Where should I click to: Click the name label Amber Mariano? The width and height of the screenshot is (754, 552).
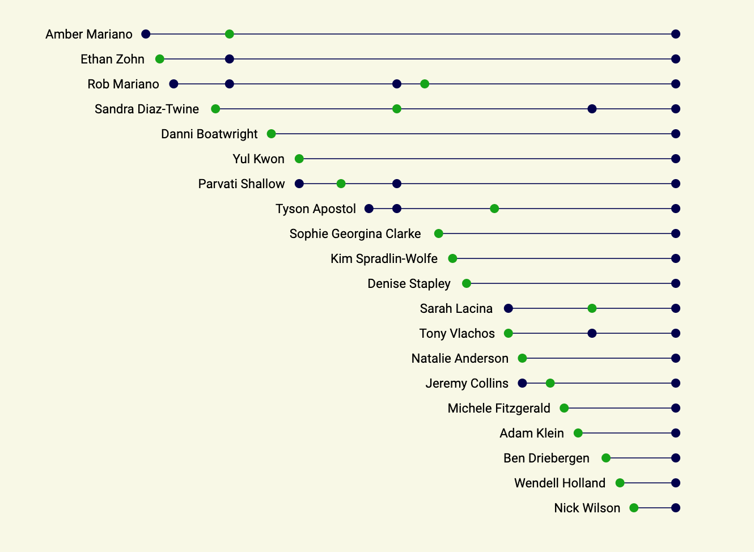coord(89,34)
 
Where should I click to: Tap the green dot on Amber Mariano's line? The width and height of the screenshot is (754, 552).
coord(230,34)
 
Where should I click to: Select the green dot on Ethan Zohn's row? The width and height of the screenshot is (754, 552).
coord(160,59)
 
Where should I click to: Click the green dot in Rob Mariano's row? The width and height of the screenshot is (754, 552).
coord(425,84)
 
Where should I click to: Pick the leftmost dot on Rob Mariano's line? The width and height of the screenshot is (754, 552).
coord(174,84)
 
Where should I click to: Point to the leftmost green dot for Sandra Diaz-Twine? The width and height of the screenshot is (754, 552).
coord(215,109)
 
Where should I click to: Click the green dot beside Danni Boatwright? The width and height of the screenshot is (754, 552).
coord(272,134)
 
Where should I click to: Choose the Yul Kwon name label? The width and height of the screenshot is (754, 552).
coord(259,159)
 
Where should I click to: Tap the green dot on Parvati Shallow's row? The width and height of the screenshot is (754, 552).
coord(341,184)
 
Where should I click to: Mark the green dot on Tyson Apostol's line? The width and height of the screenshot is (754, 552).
coord(494,209)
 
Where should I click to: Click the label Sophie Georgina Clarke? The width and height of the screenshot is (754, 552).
coord(355,233)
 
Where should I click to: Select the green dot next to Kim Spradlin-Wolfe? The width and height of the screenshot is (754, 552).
coord(452,258)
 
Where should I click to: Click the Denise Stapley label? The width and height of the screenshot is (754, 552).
coord(409,283)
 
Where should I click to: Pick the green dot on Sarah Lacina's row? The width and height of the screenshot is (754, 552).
coord(592,308)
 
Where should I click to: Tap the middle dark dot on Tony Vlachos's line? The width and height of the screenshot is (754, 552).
coord(592,333)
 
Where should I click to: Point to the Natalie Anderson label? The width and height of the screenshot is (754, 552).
coord(460,358)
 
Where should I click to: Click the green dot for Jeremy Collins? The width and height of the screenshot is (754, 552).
coord(550,383)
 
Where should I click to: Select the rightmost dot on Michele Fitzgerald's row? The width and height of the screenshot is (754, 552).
coord(675,408)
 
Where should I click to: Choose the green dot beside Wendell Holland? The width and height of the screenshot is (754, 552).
coord(620,483)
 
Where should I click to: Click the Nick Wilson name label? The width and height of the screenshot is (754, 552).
coord(587,508)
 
